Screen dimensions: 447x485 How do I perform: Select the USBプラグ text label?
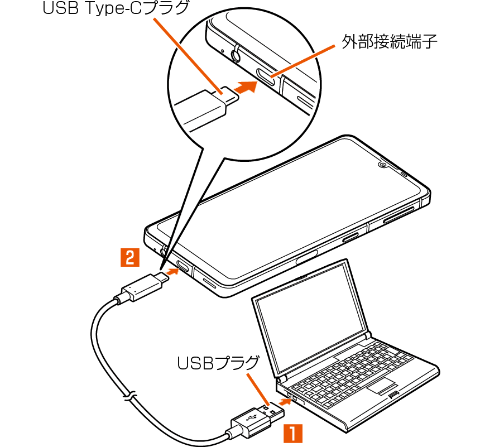(x=218, y=363)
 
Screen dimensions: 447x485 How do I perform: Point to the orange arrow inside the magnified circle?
(x=245, y=88)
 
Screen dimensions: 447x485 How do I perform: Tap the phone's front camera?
(x=383, y=164)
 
